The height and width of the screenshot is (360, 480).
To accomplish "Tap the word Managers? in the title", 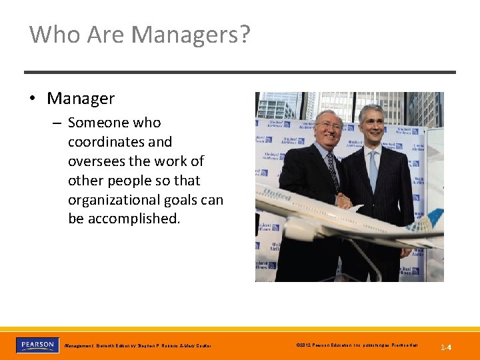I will [x=193, y=34].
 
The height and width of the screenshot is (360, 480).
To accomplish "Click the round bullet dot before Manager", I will [x=32, y=99].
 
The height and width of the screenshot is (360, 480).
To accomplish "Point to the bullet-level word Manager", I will [x=81, y=99].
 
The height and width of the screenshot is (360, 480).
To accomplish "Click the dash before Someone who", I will [x=57, y=123].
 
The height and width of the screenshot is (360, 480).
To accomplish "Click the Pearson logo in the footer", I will [x=37, y=345].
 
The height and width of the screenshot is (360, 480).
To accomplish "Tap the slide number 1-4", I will [x=446, y=347].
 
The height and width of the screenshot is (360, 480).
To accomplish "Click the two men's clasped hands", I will [x=344, y=201].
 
